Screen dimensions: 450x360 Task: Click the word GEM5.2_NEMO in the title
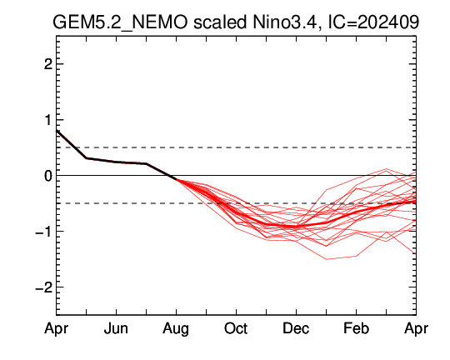[120, 22]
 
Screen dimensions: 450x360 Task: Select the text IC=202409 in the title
[373, 22]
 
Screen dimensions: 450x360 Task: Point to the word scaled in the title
[219, 22]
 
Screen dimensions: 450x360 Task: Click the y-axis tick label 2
[48, 64]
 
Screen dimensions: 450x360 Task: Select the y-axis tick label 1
[49, 120]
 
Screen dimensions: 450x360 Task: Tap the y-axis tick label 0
[48, 175]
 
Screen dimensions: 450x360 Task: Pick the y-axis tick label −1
[44, 231]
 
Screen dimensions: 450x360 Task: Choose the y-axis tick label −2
[44, 287]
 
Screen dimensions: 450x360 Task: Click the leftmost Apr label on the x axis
[57, 329]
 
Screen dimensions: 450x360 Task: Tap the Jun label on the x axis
[116, 328]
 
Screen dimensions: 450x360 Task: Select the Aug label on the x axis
[176, 329]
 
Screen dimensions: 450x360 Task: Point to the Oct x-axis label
[236, 328]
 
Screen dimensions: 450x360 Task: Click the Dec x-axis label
[296, 328]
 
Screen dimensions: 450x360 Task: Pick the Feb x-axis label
[356, 328]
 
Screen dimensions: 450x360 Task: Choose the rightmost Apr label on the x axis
[416, 329]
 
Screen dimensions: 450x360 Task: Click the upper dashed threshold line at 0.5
[236, 147]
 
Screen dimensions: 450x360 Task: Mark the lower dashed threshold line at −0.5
[236, 203]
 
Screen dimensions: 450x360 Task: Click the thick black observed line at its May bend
[87, 158]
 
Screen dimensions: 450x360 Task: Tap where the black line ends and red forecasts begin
[176, 179]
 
